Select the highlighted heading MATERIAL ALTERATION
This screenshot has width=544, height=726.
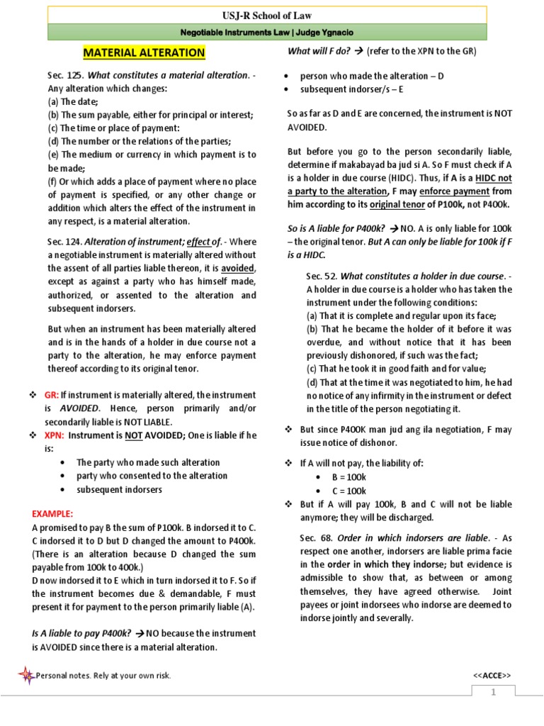(x=144, y=53)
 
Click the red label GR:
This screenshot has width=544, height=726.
(x=51, y=395)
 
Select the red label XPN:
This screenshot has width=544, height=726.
(x=55, y=435)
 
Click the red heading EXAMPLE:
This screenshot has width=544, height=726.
(x=52, y=514)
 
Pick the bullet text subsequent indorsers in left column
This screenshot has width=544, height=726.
(x=119, y=489)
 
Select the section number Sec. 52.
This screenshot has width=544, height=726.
(x=322, y=276)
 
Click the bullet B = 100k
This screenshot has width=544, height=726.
(x=349, y=476)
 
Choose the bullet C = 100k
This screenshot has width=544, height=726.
(x=349, y=490)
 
